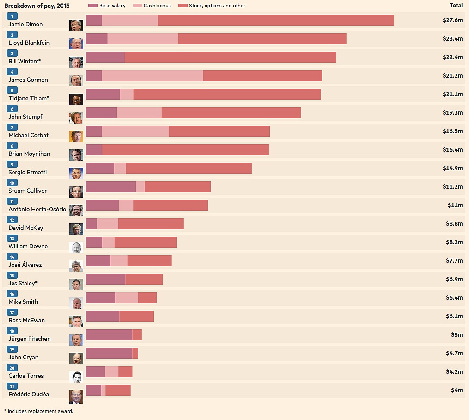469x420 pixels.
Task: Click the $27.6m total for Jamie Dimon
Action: tap(452, 20)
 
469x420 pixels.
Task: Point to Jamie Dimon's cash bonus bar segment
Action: tap(130, 20)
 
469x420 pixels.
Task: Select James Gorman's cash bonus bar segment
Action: tap(152, 76)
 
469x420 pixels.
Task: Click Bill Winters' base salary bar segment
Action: tap(105, 57)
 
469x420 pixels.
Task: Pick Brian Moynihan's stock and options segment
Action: tap(185, 150)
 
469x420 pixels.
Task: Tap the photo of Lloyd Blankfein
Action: tap(76, 43)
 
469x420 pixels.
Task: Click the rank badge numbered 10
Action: tap(12, 183)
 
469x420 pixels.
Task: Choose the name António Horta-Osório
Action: tap(37, 209)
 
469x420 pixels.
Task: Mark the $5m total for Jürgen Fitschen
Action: tap(456, 335)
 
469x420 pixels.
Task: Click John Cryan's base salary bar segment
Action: tap(109, 353)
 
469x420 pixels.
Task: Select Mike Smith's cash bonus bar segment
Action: tap(126, 298)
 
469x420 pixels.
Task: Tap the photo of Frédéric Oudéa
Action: tap(76, 395)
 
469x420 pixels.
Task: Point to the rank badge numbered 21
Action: tap(12, 386)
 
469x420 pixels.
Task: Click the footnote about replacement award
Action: tap(38, 411)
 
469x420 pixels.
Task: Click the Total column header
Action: tap(456, 6)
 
